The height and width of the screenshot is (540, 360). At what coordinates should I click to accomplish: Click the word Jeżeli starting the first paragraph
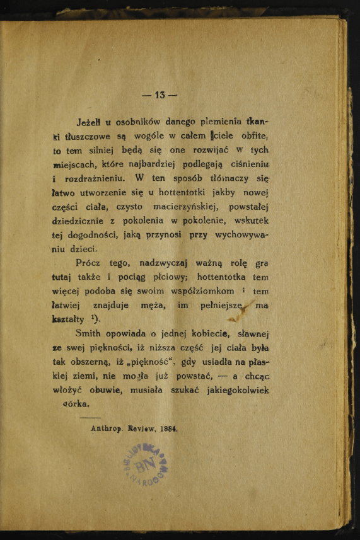[90, 122]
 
